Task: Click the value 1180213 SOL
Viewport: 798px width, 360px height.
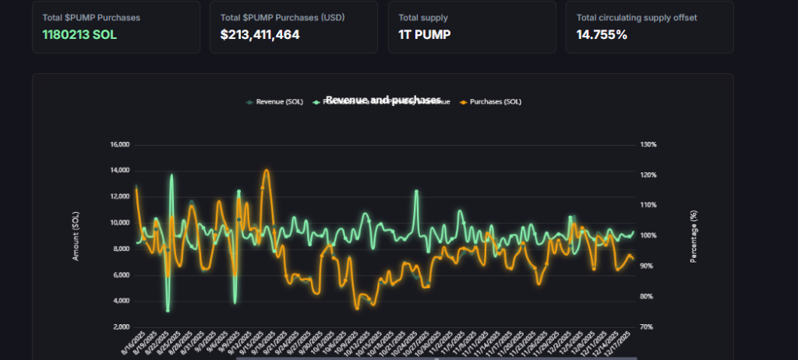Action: point(79,34)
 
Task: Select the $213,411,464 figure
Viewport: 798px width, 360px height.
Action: point(260,34)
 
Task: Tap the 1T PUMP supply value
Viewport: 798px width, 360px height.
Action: point(425,34)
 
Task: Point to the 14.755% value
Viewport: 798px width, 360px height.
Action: point(602,34)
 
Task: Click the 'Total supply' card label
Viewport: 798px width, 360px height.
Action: point(422,16)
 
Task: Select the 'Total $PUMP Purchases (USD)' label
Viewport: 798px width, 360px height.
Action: point(270,16)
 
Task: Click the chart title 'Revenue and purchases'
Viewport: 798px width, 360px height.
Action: point(383,100)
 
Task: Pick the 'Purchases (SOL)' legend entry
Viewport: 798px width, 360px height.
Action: point(490,101)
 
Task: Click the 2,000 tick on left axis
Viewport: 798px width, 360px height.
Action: point(122,326)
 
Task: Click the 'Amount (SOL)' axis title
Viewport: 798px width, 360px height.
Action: point(76,235)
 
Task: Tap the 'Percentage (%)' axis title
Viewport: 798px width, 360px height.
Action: point(693,235)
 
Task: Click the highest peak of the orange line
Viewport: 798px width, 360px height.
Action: point(267,170)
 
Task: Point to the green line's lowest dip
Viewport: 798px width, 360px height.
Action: point(168,311)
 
